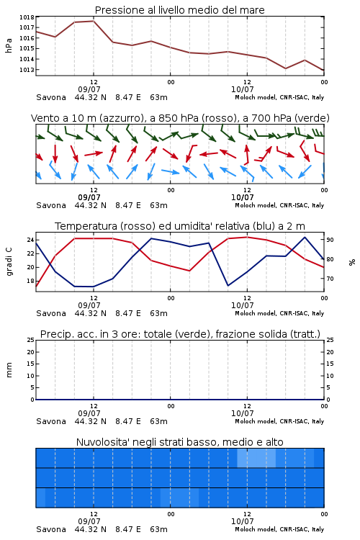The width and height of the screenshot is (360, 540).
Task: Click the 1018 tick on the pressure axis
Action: (x=27, y=17)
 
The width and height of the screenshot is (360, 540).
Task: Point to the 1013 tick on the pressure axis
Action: (x=27, y=70)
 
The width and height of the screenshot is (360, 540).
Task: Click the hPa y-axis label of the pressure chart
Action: (x=9, y=45)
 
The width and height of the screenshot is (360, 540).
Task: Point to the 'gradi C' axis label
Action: (x=9, y=262)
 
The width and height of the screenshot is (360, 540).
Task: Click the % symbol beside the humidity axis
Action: (x=352, y=262)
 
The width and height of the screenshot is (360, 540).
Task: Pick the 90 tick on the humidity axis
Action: (x=330, y=240)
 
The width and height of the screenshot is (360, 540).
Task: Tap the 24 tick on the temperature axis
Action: (x=31, y=240)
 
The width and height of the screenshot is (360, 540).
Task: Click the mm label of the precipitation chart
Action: (x=9, y=370)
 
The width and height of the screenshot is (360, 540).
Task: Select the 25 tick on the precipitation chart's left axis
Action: (x=31, y=340)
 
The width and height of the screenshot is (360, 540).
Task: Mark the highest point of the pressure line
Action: (x=94, y=21)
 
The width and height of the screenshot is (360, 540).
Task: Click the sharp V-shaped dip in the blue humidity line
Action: (x=228, y=285)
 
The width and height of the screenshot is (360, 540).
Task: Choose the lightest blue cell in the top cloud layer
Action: (x=256, y=458)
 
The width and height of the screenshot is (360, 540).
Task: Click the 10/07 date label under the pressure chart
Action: (x=242, y=89)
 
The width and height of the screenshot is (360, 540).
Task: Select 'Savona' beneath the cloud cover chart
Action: (x=51, y=529)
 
